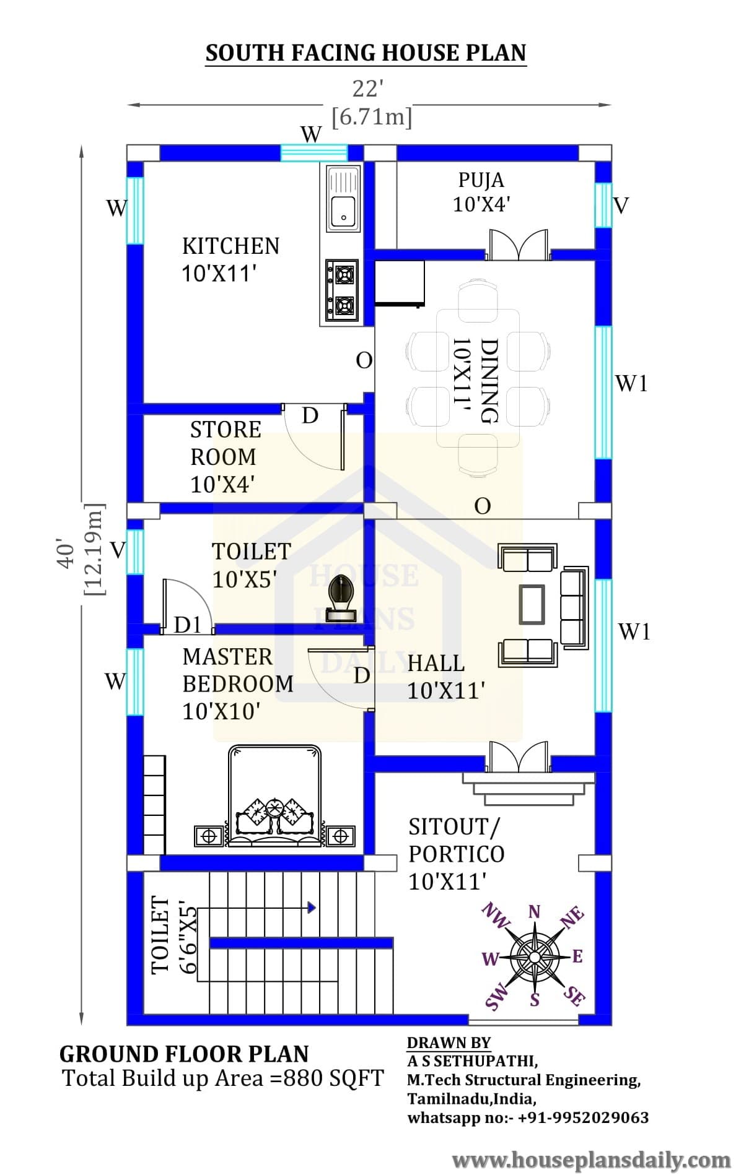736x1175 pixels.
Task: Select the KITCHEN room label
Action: click(230, 246)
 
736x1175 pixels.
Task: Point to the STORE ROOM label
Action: click(226, 443)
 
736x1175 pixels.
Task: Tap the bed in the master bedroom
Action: click(275, 796)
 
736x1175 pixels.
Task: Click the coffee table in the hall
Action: click(532, 604)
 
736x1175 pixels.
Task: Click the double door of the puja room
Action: click(519, 244)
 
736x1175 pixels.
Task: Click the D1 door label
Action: click(188, 625)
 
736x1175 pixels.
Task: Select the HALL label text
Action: click(436, 663)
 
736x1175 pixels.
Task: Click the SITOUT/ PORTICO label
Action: click(457, 840)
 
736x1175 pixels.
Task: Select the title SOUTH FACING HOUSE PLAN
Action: click(366, 53)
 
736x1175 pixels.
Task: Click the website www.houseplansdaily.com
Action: click(592, 1159)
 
